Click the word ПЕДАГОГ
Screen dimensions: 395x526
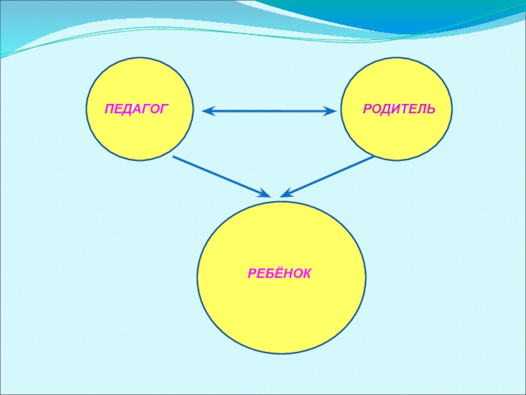pyautogui.click(x=136, y=108)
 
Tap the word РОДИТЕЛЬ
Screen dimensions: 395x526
pyautogui.click(x=398, y=108)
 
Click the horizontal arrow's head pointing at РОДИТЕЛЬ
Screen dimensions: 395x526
pyautogui.click(x=330, y=111)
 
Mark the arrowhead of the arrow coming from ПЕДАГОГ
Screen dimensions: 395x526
pyautogui.click(x=264, y=194)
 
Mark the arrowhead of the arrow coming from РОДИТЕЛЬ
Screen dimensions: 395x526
pyautogui.click(x=285, y=194)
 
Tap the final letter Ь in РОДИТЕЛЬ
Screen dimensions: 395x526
pyautogui.click(x=431, y=108)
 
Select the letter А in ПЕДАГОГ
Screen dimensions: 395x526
pyautogui.click(x=137, y=108)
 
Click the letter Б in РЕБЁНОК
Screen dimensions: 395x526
pyautogui.click(x=267, y=272)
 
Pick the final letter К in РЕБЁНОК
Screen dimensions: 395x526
pyautogui.click(x=306, y=272)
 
